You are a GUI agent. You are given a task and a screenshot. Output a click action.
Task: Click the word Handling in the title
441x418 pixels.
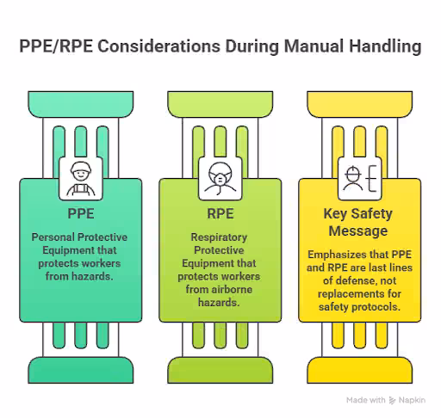(385, 46)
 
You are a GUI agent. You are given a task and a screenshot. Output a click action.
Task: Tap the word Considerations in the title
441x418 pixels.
(159, 46)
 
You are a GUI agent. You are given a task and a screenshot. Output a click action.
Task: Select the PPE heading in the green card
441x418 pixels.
(81, 213)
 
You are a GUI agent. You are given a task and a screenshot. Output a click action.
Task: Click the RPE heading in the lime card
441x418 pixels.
(220, 213)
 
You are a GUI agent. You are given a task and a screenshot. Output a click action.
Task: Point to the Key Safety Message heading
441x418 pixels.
(358, 222)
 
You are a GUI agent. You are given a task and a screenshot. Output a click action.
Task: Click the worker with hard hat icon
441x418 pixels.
(81, 179)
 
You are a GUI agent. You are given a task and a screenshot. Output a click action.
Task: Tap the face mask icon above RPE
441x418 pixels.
(220, 179)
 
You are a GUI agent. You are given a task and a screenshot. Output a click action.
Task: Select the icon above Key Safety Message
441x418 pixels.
(360, 178)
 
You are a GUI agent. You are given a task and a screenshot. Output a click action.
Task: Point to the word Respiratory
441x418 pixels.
(219, 237)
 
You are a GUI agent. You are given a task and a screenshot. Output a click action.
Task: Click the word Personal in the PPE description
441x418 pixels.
(53, 237)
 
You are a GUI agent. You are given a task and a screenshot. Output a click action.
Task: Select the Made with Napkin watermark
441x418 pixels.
(386, 400)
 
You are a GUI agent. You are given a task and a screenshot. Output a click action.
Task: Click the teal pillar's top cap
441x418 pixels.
(81, 104)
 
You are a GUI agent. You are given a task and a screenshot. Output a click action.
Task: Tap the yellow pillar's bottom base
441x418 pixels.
(360, 370)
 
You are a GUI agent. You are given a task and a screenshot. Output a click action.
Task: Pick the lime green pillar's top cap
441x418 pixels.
(220, 104)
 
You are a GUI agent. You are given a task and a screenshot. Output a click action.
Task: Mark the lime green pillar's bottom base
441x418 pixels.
(220, 370)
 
